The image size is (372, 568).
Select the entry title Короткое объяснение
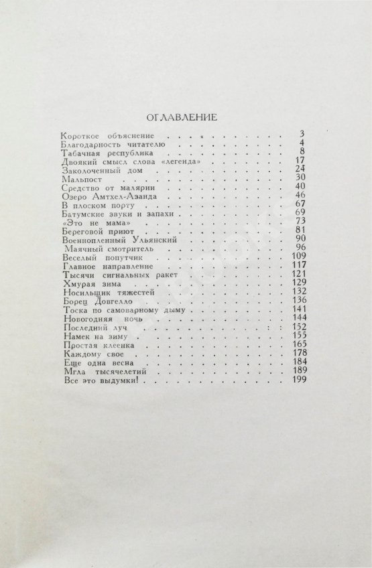(x=97, y=136)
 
